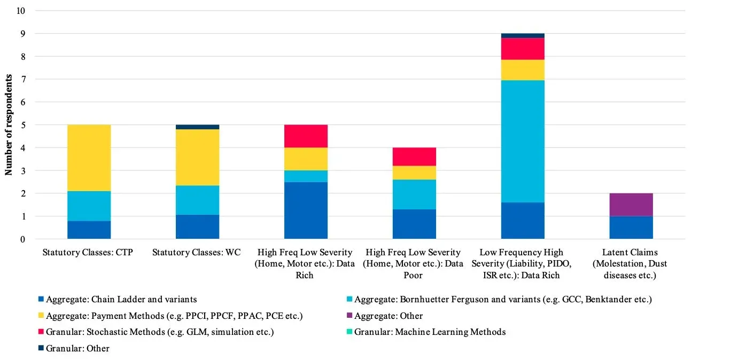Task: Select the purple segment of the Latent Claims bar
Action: click(x=631, y=205)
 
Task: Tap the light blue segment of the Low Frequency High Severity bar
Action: click(x=523, y=142)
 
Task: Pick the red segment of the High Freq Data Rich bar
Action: click(x=306, y=136)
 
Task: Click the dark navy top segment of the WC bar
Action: click(x=197, y=127)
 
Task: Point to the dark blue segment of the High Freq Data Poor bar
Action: click(x=414, y=224)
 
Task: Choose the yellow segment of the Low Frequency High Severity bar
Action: click(x=523, y=70)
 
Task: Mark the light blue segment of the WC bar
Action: click(x=197, y=200)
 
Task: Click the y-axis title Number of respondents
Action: click(x=9, y=124)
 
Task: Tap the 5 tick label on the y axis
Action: click(x=23, y=125)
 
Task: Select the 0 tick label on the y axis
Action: click(x=23, y=239)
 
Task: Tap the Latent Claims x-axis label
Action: click(x=631, y=264)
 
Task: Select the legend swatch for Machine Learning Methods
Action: click(x=350, y=332)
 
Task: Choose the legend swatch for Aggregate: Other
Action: click(x=350, y=316)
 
